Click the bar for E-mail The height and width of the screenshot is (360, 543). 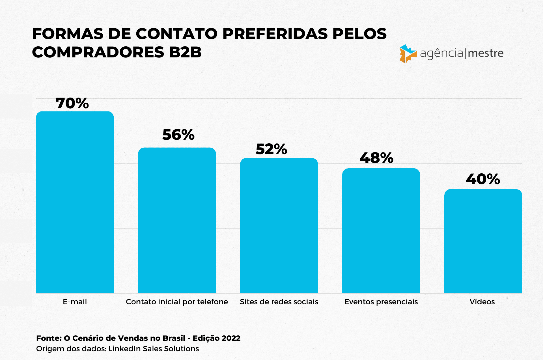pos(75,202)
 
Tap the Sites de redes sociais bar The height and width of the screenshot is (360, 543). pos(279,225)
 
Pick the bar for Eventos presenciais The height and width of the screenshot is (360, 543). pos(381,230)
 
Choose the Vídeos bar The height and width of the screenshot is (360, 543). pos(483,241)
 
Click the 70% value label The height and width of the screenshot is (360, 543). pos(72,103)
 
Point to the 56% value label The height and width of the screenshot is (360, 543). pos(178,135)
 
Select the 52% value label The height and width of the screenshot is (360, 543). pos(271,149)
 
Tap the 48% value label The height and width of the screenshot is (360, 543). pos(376,158)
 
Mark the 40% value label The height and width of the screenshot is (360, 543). pos(483,179)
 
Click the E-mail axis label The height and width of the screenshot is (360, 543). pos(75,302)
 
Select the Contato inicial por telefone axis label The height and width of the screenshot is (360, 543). pos(177,302)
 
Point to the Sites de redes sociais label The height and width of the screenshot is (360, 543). pos(279,302)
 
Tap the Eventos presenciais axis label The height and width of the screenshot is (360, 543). pos(381,302)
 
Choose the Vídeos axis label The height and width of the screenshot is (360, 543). pos(482,302)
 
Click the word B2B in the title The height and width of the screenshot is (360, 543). pos(185,52)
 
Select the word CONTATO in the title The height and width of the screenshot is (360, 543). pos(177,34)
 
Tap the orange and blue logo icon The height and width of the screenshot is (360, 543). pos(408,53)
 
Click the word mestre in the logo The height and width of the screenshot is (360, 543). pos(486,53)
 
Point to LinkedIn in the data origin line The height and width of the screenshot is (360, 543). pos(124,349)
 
